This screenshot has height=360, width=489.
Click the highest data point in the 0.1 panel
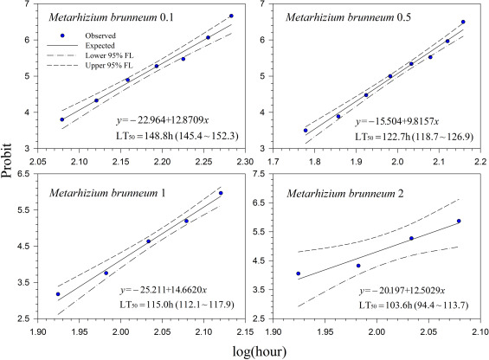click(231, 16)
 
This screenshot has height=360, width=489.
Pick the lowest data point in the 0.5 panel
click(306, 131)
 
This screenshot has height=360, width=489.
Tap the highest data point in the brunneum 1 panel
click(221, 193)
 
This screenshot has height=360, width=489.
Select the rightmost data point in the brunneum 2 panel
click(459, 222)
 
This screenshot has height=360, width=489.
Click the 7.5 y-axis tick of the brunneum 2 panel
click(269, 175)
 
